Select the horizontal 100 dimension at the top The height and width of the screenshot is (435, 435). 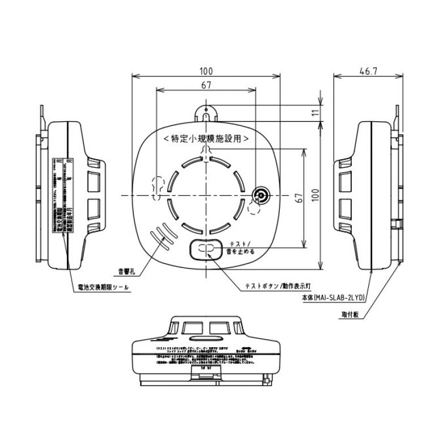pos(206,71)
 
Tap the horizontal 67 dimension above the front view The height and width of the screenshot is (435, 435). pos(206,86)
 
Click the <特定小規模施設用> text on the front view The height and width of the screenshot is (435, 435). pos(206,138)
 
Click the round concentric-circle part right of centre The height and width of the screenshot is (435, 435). pos(262,195)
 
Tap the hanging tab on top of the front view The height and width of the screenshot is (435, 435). pos(206,110)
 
